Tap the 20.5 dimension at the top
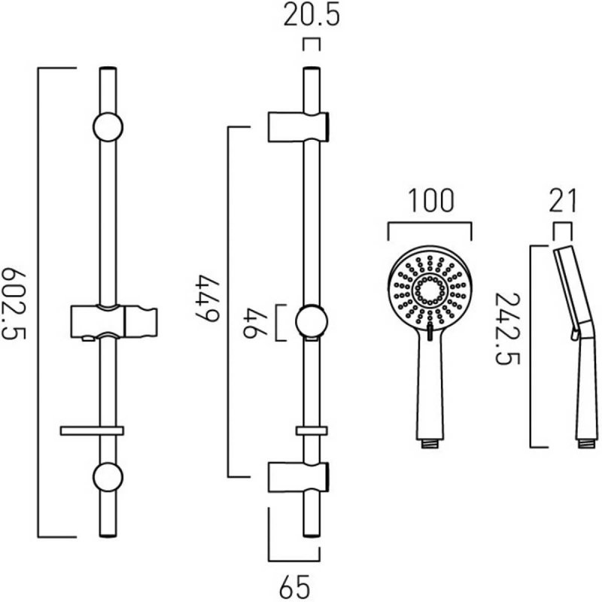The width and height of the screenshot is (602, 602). (x=311, y=17)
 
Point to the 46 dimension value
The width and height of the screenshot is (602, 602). (x=256, y=322)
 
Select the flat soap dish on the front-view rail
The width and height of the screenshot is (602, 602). (x=91, y=430)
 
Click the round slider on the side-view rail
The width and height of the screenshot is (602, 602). (x=311, y=321)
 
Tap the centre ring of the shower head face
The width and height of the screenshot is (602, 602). (x=430, y=290)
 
